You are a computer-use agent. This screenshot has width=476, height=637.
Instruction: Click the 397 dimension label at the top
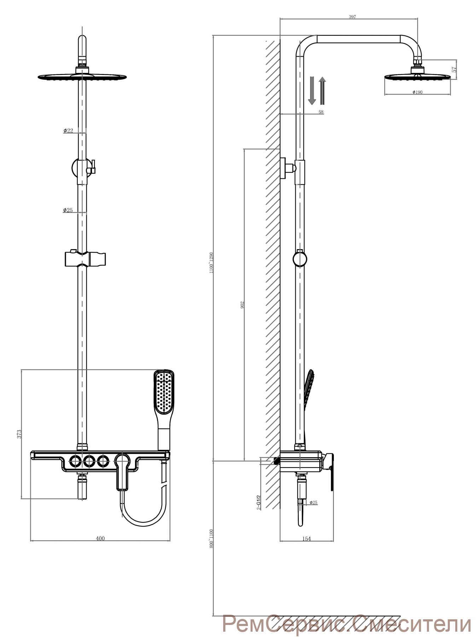pos(352,17)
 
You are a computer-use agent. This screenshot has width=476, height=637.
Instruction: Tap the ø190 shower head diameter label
pos(417,92)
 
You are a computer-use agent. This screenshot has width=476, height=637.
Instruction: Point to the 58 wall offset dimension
pos(321,112)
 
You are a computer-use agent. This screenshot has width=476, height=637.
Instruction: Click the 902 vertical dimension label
pos(242,305)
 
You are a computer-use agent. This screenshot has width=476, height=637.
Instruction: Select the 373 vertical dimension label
pos(19,434)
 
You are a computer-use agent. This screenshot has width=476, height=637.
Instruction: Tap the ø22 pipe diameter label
pos(68,131)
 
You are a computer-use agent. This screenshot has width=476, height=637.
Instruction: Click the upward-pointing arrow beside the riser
pos(322,91)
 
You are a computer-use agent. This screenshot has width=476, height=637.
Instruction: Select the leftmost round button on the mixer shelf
pos(75,461)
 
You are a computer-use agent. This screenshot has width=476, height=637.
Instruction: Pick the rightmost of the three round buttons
pos(103,461)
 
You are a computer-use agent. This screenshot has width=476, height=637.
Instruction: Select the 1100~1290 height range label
pos(211,263)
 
